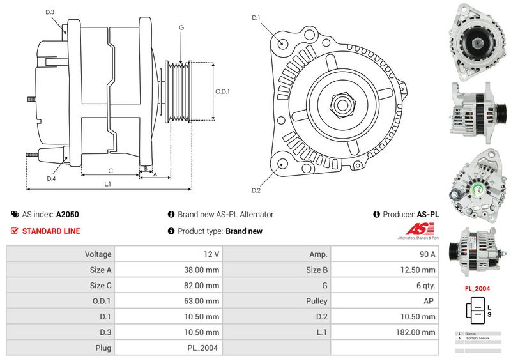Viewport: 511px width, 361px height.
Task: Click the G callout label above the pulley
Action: coord(181,27)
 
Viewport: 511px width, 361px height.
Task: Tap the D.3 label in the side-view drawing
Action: coord(50,12)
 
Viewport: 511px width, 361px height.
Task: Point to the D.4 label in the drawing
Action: coord(51,179)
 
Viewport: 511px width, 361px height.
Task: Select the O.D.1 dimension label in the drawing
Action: coord(222,91)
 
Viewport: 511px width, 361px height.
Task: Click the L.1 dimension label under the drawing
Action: coord(108,184)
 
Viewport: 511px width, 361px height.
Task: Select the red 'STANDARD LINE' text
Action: coord(51,231)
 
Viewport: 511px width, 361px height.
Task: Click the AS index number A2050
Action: coord(68,215)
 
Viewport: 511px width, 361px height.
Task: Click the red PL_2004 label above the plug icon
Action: coord(477,288)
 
